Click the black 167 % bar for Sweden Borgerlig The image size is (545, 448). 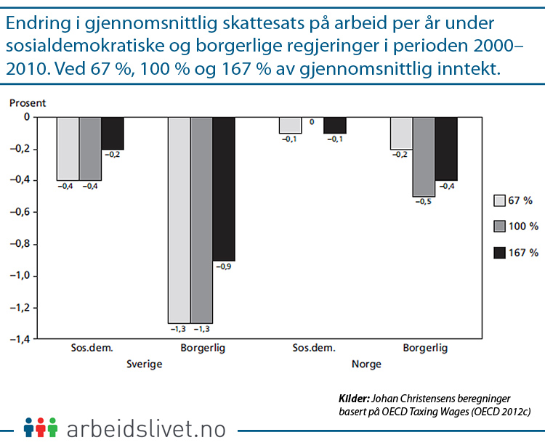[x=224, y=188]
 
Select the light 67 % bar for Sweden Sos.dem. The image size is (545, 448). [x=68, y=148]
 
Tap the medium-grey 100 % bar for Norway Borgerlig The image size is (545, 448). [x=424, y=155]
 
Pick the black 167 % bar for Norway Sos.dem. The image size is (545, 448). [x=335, y=125]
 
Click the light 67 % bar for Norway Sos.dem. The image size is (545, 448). [x=291, y=125]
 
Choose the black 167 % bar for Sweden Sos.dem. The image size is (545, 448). [x=113, y=132]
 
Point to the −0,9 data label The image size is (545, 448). [x=224, y=266]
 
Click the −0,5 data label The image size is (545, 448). [x=424, y=202]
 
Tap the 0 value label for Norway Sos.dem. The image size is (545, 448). [x=312, y=122]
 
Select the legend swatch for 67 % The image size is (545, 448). [x=499, y=200]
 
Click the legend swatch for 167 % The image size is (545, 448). [x=499, y=253]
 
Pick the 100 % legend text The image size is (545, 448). [x=524, y=227]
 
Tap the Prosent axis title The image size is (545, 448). [x=28, y=103]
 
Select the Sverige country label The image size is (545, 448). [x=144, y=364]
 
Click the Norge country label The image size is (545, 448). [x=366, y=364]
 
